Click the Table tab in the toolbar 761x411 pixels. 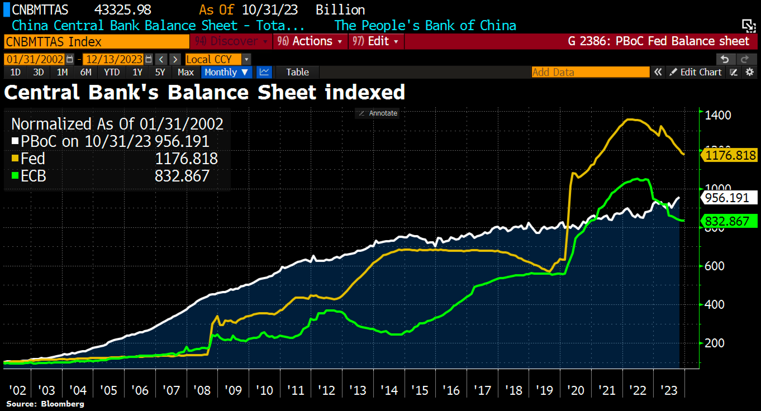coord(297,72)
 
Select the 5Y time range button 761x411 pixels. coord(160,72)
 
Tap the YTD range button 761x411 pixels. coord(112,72)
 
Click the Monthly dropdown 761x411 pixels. coord(226,72)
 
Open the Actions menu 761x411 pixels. coord(310,41)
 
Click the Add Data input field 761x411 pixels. coord(590,72)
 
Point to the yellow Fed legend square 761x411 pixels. coord(15,158)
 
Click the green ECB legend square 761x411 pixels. coord(15,176)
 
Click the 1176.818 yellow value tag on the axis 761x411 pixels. coord(730,155)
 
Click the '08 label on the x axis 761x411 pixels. coord(202,390)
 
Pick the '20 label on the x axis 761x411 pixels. coord(575,390)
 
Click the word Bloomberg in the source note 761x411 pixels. coord(63,404)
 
